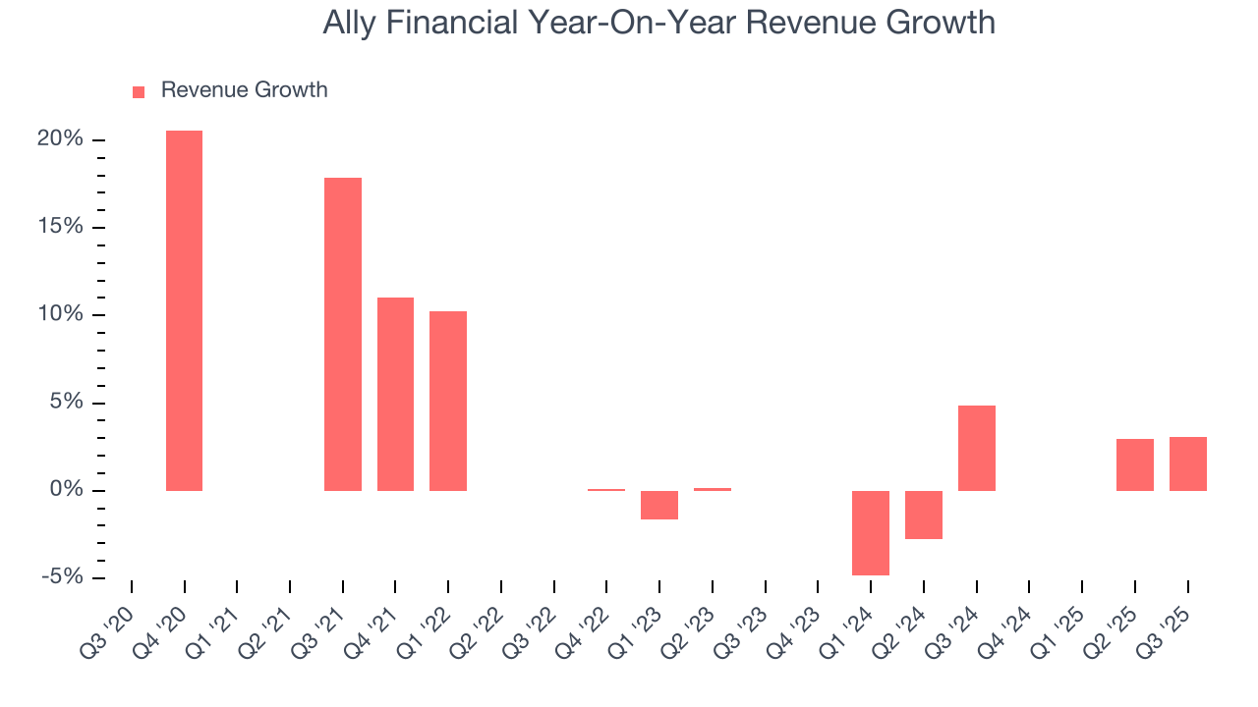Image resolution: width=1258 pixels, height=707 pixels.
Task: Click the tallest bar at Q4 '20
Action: [184, 310]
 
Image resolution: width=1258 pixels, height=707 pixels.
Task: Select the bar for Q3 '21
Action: [343, 334]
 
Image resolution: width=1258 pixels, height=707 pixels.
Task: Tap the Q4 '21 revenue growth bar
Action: [395, 394]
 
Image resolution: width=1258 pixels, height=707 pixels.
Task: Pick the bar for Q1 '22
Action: [448, 401]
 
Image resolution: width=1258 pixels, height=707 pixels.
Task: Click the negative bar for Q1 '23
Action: [659, 505]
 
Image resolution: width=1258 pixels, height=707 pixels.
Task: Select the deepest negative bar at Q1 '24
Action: [871, 532]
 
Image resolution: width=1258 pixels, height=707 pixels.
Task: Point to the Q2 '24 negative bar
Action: [924, 515]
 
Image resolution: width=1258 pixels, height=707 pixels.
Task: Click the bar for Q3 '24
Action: [977, 448]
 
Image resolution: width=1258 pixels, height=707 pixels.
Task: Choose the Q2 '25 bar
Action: [1135, 464]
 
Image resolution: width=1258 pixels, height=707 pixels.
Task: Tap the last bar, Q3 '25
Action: [1188, 463]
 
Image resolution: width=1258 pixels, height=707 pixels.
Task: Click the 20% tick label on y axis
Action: [61, 139]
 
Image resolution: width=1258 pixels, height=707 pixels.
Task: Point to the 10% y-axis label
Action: [61, 315]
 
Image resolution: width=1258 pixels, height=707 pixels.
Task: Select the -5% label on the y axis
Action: [61, 577]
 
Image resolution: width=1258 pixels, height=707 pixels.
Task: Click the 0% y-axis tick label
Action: [67, 490]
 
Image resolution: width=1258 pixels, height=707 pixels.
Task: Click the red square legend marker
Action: [139, 91]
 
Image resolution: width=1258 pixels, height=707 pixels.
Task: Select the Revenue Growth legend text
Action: [244, 90]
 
